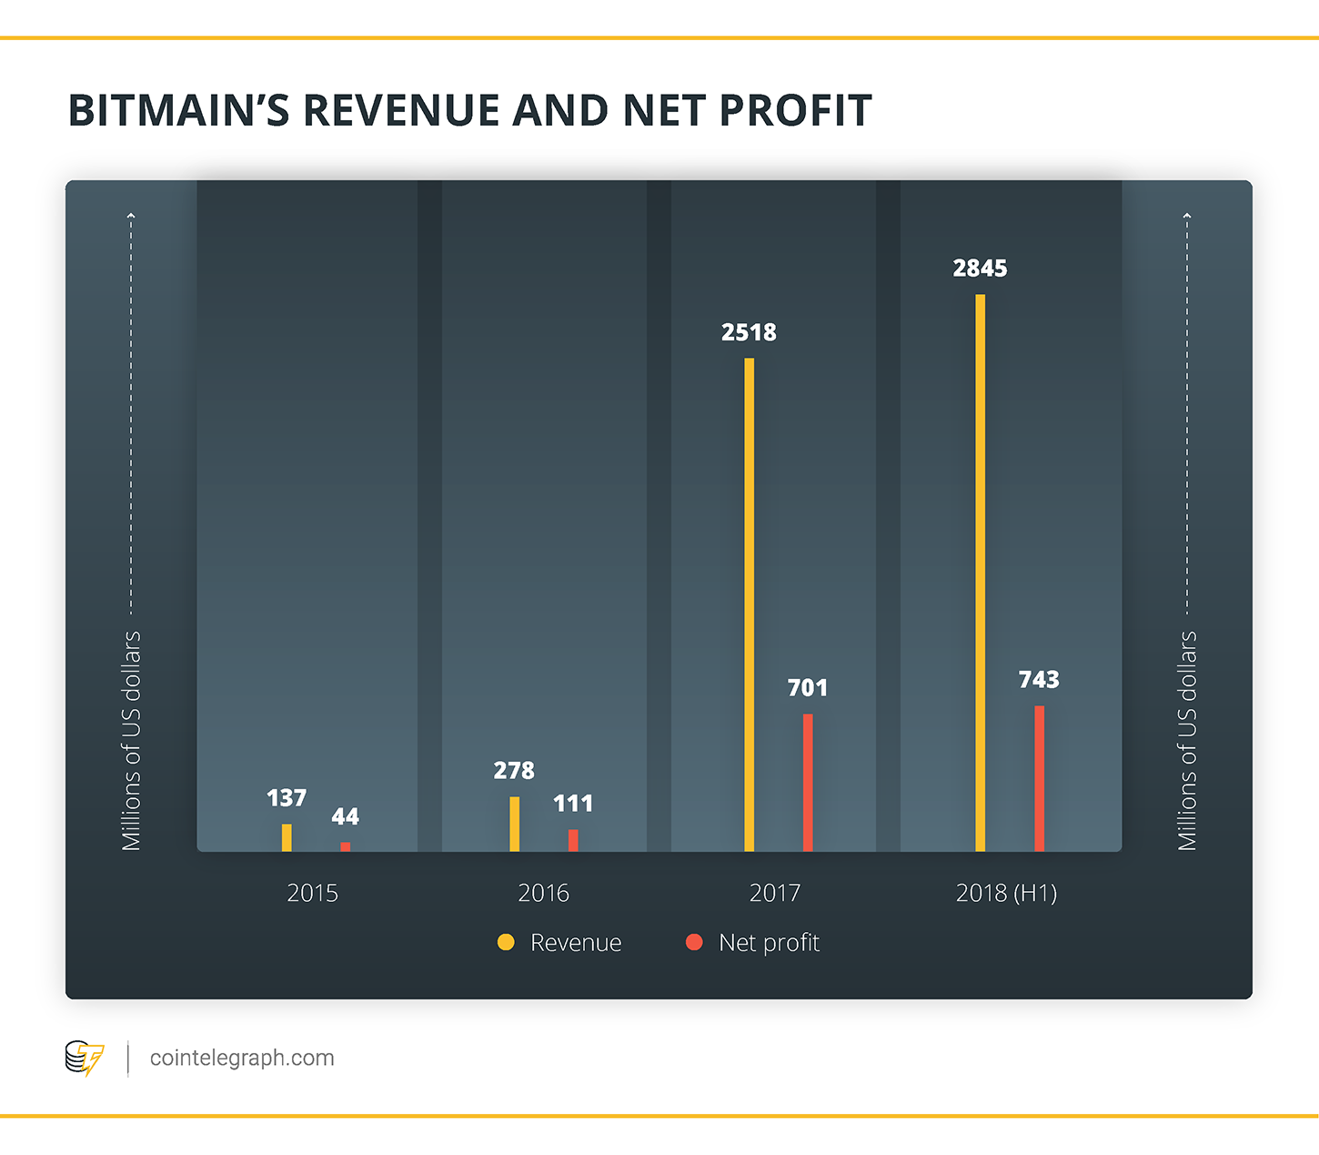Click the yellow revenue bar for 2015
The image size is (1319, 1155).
[287, 837]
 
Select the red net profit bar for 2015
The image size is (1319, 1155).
[346, 846]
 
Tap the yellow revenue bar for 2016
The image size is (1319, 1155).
[515, 824]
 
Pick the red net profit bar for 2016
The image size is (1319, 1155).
[573, 840]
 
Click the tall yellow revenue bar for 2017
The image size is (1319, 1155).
[750, 604]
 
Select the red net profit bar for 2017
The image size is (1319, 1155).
[808, 783]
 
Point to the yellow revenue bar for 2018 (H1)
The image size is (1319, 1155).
[981, 573]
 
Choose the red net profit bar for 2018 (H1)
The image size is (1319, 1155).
[1039, 778]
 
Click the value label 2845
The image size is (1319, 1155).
[980, 268]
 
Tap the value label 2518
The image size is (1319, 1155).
[749, 332]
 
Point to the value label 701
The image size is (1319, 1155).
[808, 688]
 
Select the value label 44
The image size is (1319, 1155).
[345, 816]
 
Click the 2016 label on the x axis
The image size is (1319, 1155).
[543, 893]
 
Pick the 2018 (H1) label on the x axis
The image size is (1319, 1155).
[1006, 893]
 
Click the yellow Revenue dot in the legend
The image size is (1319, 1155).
[506, 942]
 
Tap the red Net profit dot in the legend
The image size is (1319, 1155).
[694, 942]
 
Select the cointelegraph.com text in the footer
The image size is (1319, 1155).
[242, 1058]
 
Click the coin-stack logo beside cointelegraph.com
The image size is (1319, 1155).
[85, 1058]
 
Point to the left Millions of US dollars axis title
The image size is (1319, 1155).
[132, 741]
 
